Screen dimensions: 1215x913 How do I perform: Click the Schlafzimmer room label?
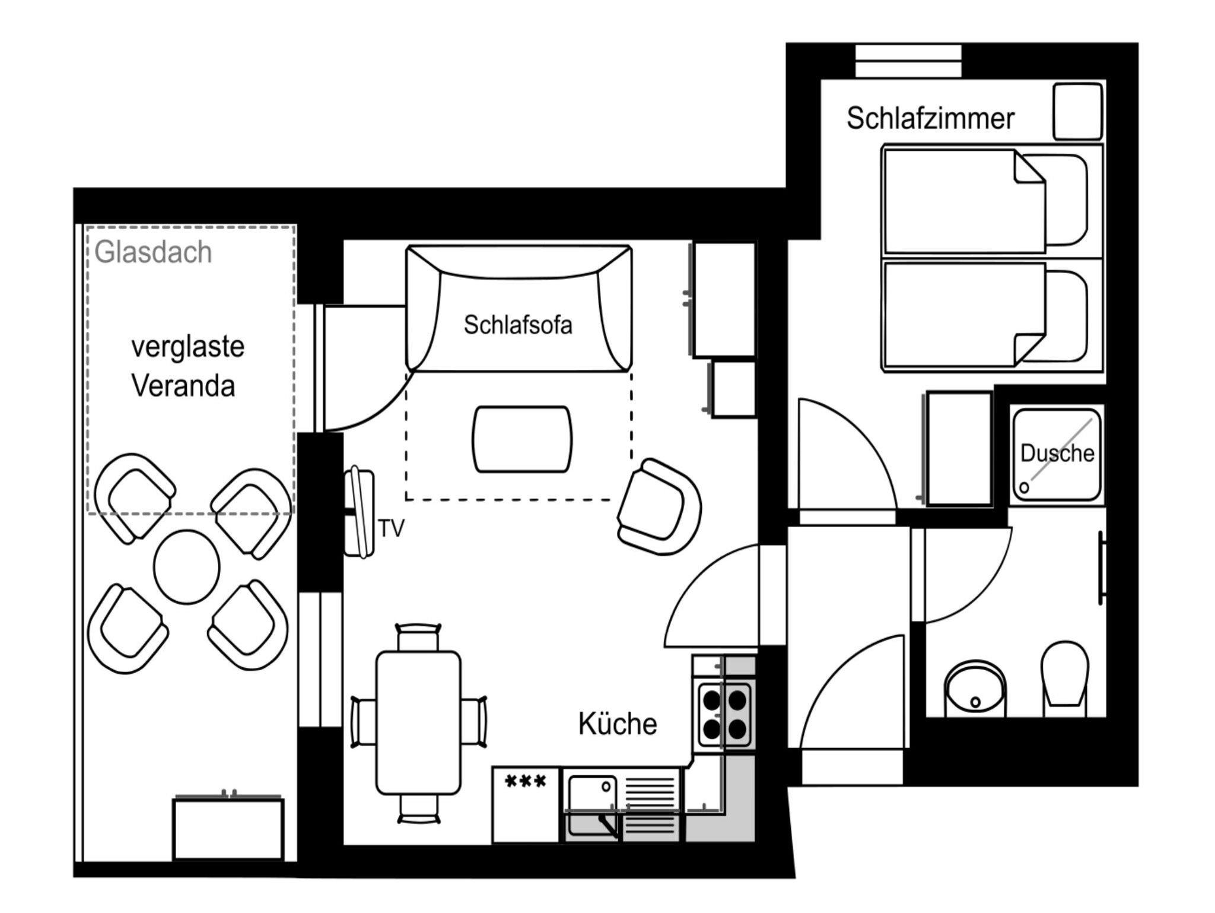click(930, 118)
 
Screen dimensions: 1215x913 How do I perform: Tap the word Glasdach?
click(153, 252)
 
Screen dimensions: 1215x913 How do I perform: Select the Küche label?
click(618, 724)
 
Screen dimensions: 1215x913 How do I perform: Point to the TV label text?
click(392, 528)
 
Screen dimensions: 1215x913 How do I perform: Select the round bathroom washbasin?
click(975, 689)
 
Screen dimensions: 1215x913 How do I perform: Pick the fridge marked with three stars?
click(526, 804)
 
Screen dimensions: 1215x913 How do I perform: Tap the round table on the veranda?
click(186, 567)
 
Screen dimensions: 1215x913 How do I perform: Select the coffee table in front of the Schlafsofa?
click(522, 439)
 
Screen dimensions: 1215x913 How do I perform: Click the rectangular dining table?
click(418, 722)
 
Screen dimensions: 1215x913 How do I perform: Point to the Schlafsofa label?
click(518, 325)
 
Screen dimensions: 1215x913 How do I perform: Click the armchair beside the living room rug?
click(659, 506)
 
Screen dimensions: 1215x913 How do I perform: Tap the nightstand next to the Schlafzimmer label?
click(1077, 112)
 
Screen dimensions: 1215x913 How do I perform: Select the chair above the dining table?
click(418, 637)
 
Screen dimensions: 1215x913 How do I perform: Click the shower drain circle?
click(1024, 487)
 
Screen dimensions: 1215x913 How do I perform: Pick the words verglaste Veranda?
click(187, 366)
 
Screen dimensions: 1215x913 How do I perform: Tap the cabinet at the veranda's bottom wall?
click(228, 829)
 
